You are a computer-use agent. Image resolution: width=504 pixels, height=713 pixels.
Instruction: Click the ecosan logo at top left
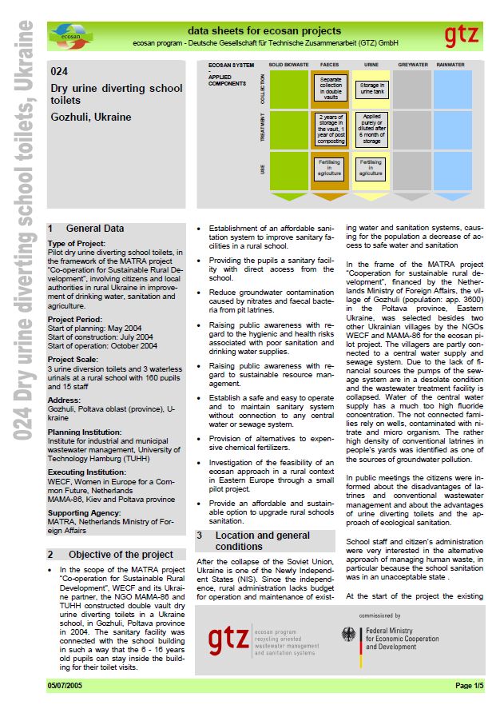(70, 34)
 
